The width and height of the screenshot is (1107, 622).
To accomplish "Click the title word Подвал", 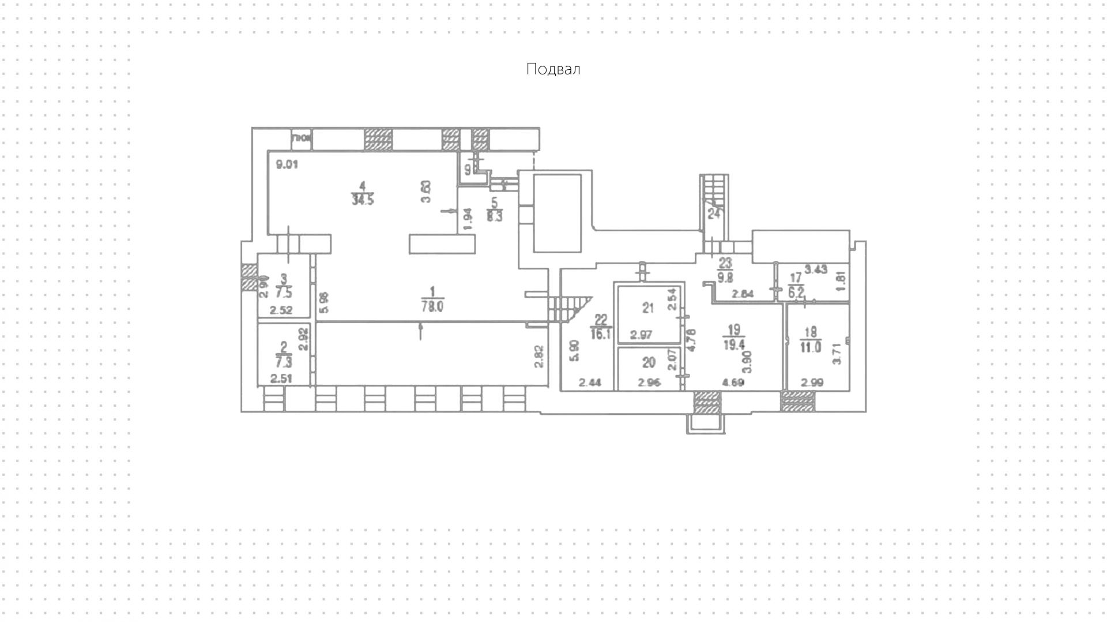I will pyautogui.click(x=553, y=69).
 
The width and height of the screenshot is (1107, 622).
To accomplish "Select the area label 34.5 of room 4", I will pyautogui.click(x=362, y=200).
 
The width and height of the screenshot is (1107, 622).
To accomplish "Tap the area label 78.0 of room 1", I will pyautogui.click(x=432, y=308).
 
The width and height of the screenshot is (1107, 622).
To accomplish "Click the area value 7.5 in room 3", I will pyautogui.click(x=284, y=290).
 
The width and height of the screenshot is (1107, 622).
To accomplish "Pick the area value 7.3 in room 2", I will pyautogui.click(x=284, y=362).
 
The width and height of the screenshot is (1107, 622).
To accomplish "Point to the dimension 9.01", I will pyautogui.click(x=287, y=164).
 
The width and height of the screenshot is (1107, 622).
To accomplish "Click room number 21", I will pyautogui.click(x=649, y=308).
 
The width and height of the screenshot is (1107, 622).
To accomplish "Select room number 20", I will pyautogui.click(x=649, y=363).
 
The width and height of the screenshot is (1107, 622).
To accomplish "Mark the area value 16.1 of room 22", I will pyautogui.click(x=601, y=334).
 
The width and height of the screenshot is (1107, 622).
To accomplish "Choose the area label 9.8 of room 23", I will pyautogui.click(x=725, y=278).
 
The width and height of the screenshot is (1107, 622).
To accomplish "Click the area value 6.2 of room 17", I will pyautogui.click(x=796, y=292).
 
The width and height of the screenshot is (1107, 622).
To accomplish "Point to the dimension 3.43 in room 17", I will pyautogui.click(x=816, y=269).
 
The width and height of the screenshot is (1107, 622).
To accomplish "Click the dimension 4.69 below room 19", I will pyautogui.click(x=733, y=382).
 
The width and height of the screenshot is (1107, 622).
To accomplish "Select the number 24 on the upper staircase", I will pyautogui.click(x=714, y=213).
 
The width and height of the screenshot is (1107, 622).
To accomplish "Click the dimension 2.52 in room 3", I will pyautogui.click(x=281, y=310).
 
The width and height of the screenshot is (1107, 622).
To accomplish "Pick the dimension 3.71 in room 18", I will pyautogui.click(x=837, y=353).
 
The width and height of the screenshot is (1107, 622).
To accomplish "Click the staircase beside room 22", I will pyautogui.click(x=568, y=308).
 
